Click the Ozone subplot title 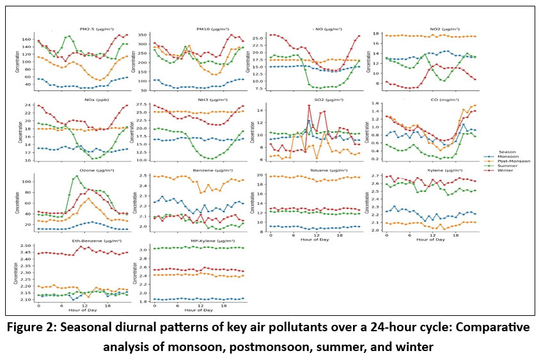[81, 169]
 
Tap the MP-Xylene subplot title [199, 240]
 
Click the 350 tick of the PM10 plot [144, 35]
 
